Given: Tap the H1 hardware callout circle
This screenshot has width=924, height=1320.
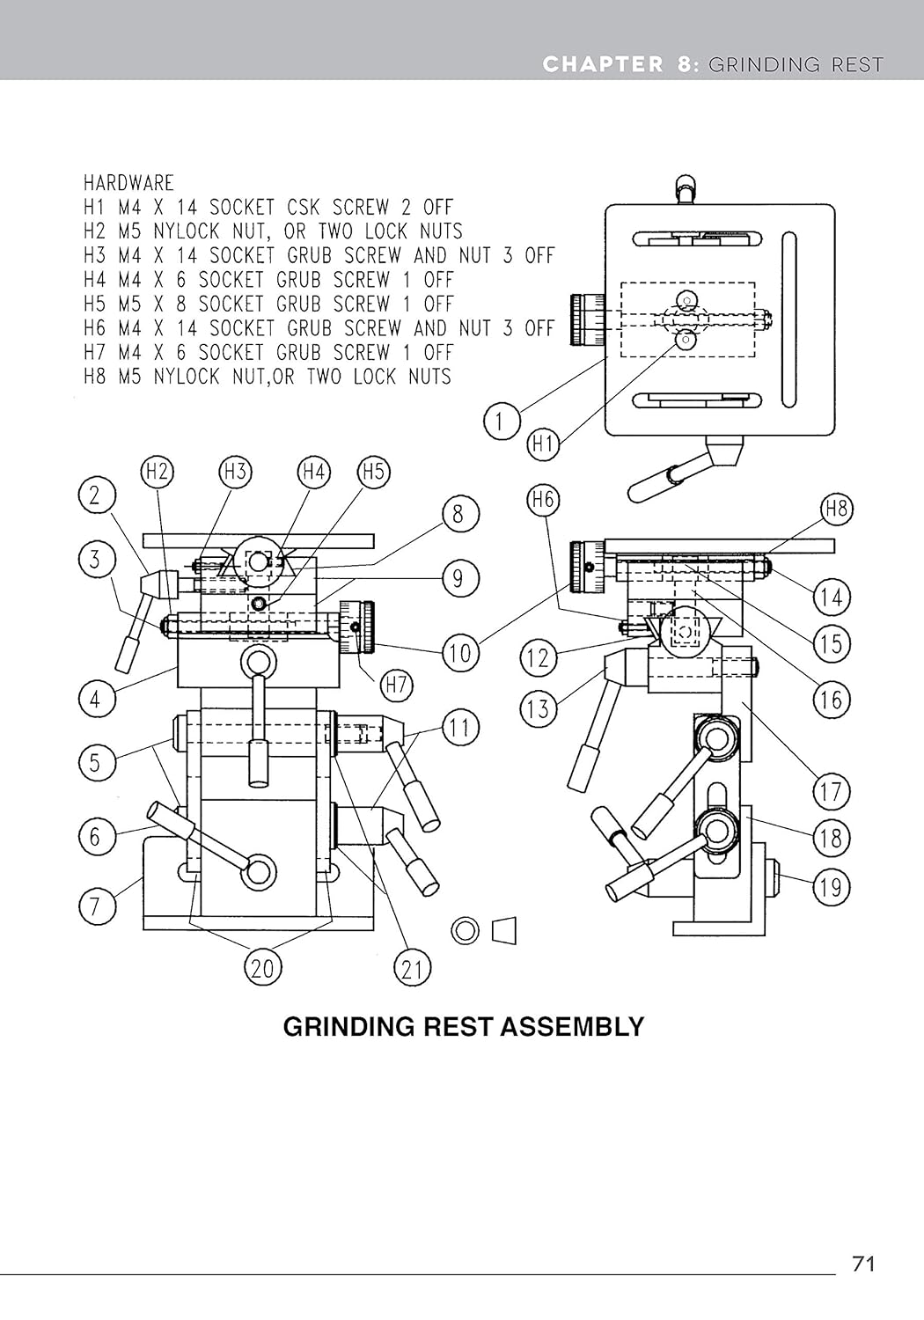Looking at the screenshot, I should [543, 444].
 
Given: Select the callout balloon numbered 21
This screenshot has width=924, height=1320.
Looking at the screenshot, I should [412, 969].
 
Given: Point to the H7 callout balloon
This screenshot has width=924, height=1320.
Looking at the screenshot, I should [397, 684].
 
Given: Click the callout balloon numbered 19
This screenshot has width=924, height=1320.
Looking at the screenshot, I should [831, 886].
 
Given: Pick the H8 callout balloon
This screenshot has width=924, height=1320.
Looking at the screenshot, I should [836, 509].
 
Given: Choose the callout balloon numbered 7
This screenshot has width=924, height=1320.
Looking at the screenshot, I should [95, 906].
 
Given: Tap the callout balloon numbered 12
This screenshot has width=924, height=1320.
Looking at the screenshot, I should [539, 657].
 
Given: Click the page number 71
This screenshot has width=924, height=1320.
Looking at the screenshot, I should [863, 1264].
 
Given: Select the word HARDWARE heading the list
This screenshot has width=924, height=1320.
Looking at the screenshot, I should [128, 183].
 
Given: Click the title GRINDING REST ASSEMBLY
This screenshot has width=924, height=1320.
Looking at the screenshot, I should [463, 1026].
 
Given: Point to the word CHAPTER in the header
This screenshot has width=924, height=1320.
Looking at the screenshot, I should [603, 64].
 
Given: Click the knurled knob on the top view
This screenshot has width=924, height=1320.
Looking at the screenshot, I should [586, 319].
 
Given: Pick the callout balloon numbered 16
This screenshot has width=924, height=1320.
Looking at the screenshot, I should [831, 700].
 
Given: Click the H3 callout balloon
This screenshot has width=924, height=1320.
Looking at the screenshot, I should [235, 472].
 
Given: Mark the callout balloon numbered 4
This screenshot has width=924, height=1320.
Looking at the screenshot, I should [95, 700].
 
